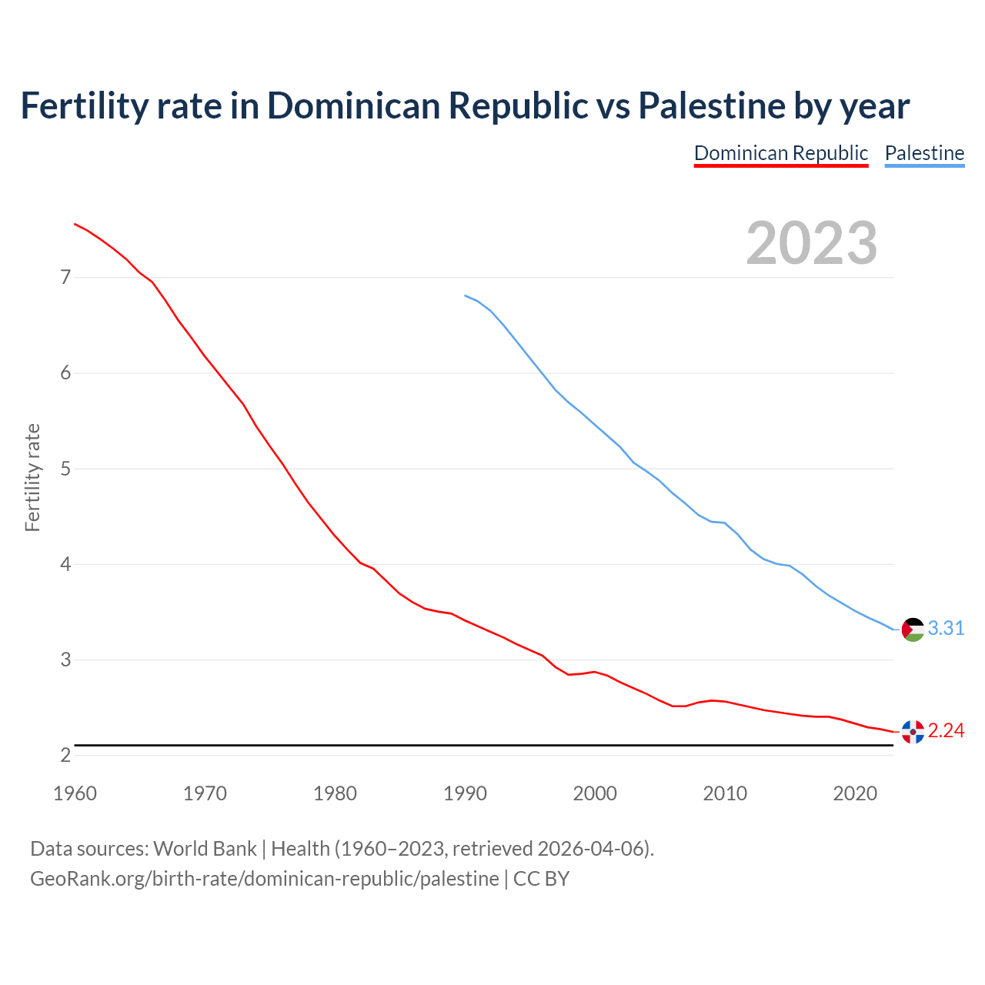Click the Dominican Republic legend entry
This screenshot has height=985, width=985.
point(780,153)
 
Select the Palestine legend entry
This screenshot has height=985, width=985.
point(924,153)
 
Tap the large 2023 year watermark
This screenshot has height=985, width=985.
point(811,243)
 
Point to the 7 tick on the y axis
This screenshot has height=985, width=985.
point(65,277)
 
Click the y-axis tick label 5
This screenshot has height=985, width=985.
point(65,469)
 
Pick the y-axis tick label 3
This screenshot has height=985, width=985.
point(65,659)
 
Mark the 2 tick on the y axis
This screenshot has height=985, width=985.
point(65,755)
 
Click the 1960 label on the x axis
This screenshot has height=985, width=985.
point(75,793)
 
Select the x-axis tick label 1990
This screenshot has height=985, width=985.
point(465,793)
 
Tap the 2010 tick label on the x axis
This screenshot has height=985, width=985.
point(725,793)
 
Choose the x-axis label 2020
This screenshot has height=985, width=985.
point(855,793)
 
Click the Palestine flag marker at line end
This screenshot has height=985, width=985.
point(913,629)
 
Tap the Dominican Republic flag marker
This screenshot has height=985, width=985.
point(913,731)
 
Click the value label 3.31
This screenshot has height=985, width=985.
point(946,629)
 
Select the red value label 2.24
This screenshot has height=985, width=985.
point(946,731)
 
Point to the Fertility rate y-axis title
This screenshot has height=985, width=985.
point(32,477)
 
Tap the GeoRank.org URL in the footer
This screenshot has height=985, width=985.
point(264,878)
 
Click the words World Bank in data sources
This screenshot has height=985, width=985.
point(205,849)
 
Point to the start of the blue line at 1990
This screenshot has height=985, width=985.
point(465,295)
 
